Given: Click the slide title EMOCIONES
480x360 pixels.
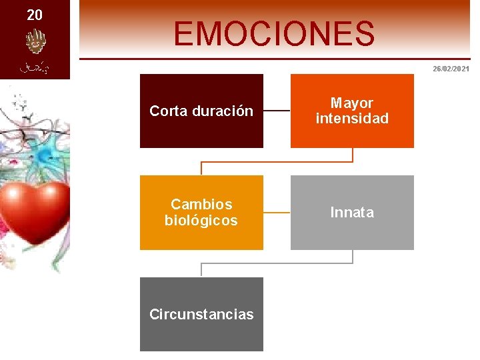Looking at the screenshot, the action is click(274, 33).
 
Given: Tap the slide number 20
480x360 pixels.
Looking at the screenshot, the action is click(35, 15).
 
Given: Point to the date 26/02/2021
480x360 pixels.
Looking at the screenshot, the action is click(451, 69).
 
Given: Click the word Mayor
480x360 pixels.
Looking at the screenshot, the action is click(352, 103).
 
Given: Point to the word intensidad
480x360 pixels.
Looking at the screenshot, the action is click(352, 119).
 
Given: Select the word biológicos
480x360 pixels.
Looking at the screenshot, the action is click(201, 221).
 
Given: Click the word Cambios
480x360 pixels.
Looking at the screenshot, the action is click(201, 204).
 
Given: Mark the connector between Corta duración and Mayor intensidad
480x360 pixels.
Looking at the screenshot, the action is click(277, 111).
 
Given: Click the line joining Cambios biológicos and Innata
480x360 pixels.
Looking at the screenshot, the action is click(277, 213).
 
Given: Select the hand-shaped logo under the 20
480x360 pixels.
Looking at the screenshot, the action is click(34, 43).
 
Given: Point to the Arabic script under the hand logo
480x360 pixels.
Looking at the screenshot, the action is click(34, 67).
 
